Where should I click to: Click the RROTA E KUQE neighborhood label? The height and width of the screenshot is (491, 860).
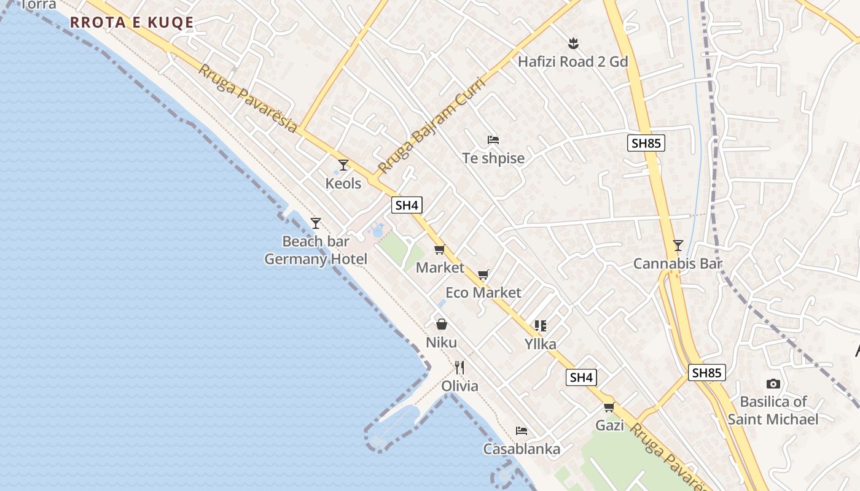click(x=131, y=23)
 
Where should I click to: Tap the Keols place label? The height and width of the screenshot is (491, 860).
click(x=343, y=184)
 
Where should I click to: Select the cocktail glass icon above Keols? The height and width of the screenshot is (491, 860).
click(x=343, y=165)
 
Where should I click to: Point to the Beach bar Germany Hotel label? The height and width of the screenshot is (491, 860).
click(x=316, y=250)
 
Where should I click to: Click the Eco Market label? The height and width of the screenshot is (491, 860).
click(x=483, y=293)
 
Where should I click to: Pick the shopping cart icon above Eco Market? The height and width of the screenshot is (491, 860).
click(x=483, y=274)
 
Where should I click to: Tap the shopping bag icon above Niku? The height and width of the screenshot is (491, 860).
click(x=442, y=324)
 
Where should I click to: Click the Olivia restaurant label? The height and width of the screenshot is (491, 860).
click(x=459, y=386)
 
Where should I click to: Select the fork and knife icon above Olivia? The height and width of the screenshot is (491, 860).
click(x=459, y=368)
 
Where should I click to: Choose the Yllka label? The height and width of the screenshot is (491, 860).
click(x=541, y=344)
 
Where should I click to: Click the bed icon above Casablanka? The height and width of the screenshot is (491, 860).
click(x=522, y=430)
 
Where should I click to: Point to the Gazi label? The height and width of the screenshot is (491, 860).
click(x=609, y=425)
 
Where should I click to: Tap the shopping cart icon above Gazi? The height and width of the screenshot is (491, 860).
click(x=609, y=407)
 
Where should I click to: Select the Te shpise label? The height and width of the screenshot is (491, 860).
click(x=493, y=158)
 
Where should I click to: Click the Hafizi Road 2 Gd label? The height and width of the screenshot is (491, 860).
click(x=573, y=62)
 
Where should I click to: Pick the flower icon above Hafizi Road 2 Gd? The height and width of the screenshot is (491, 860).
click(x=573, y=43)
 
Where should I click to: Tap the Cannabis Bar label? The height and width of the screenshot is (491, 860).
click(x=678, y=264)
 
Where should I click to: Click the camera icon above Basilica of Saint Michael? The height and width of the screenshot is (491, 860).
click(x=773, y=384)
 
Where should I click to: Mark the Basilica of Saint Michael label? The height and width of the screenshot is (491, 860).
click(x=773, y=411)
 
